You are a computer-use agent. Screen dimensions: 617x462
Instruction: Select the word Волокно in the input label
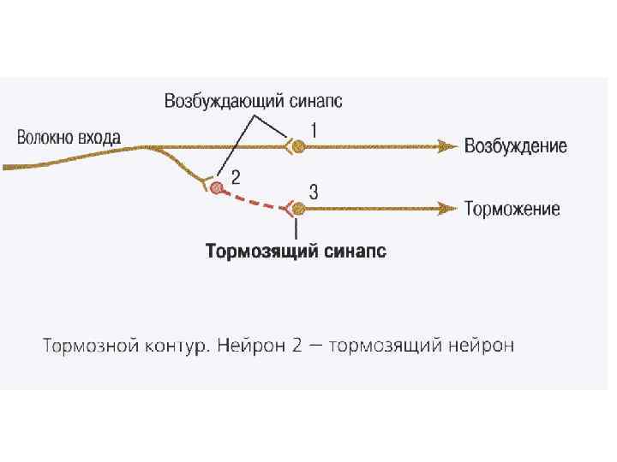[45, 137]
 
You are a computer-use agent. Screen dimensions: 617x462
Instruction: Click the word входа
[99, 137]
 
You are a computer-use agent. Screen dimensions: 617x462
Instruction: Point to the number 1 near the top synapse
[314, 130]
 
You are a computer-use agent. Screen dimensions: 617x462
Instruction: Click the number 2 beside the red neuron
[236, 177]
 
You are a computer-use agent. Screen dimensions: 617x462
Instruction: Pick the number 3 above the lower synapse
[314, 193]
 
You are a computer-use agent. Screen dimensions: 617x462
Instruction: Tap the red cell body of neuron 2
[217, 187]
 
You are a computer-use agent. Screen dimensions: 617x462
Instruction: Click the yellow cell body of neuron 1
[297, 146]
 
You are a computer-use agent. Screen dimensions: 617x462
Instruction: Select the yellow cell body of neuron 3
[297, 208]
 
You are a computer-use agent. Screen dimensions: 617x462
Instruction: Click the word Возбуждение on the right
[515, 146]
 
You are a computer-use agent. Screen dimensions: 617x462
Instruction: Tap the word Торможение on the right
[512, 209]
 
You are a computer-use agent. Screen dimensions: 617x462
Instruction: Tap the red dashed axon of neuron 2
[254, 201]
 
